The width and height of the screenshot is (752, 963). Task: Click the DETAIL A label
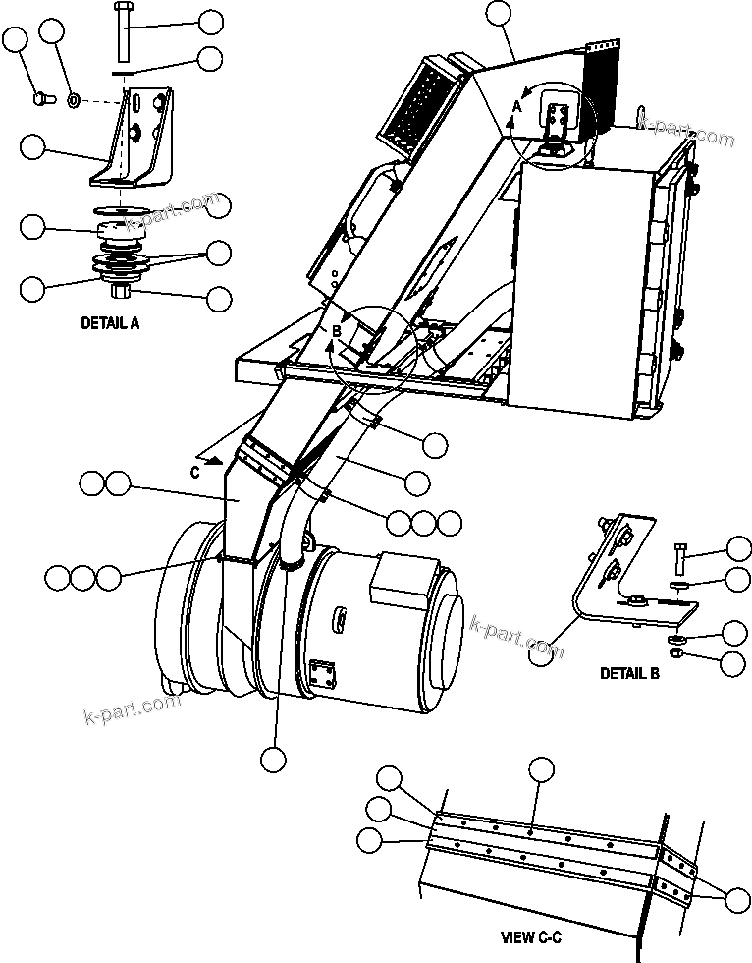coord(109,321)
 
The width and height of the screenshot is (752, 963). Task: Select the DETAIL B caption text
coord(629,674)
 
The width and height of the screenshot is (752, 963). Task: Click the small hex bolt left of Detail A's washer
coord(42,98)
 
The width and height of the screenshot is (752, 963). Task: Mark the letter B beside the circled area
coord(336,332)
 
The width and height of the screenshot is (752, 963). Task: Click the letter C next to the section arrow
coord(196,471)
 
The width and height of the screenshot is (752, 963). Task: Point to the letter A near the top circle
coord(515,106)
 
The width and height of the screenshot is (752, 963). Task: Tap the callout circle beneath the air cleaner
coord(274,759)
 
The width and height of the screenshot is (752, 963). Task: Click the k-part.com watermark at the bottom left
coord(132,710)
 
